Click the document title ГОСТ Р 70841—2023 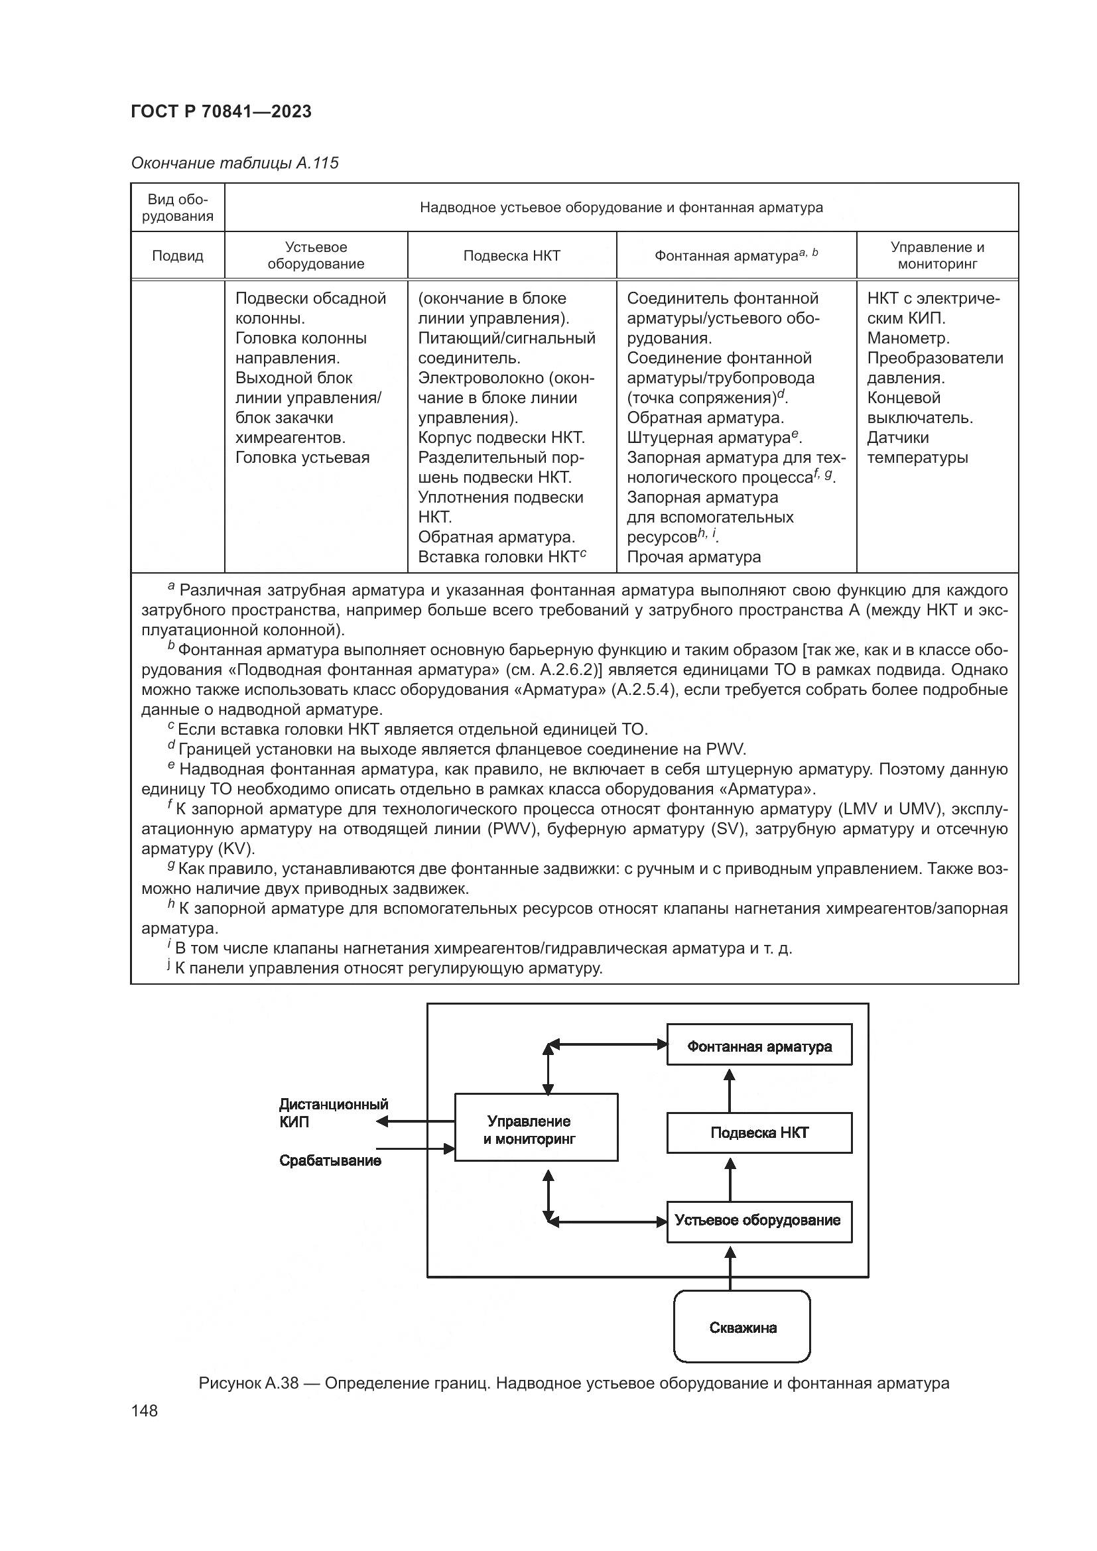tap(221, 111)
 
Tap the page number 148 tap(144, 1411)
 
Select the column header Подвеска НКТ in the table tap(511, 256)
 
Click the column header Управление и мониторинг tap(937, 255)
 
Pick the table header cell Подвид tap(177, 256)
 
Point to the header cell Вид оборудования tap(177, 208)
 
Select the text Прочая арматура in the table tap(694, 557)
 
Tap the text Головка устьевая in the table tap(302, 458)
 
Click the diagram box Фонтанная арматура tap(759, 1047)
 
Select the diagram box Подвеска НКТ tap(759, 1133)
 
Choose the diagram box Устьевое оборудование tap(759, 1220)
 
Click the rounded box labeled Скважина tap(742, 1328)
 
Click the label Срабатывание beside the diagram tap(330, 1160)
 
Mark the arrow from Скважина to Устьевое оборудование tap(730, 1268)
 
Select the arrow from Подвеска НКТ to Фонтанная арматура tap(730, 1090)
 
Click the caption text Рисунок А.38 tap(248, 1383)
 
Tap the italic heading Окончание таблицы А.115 tap(234, 164)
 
